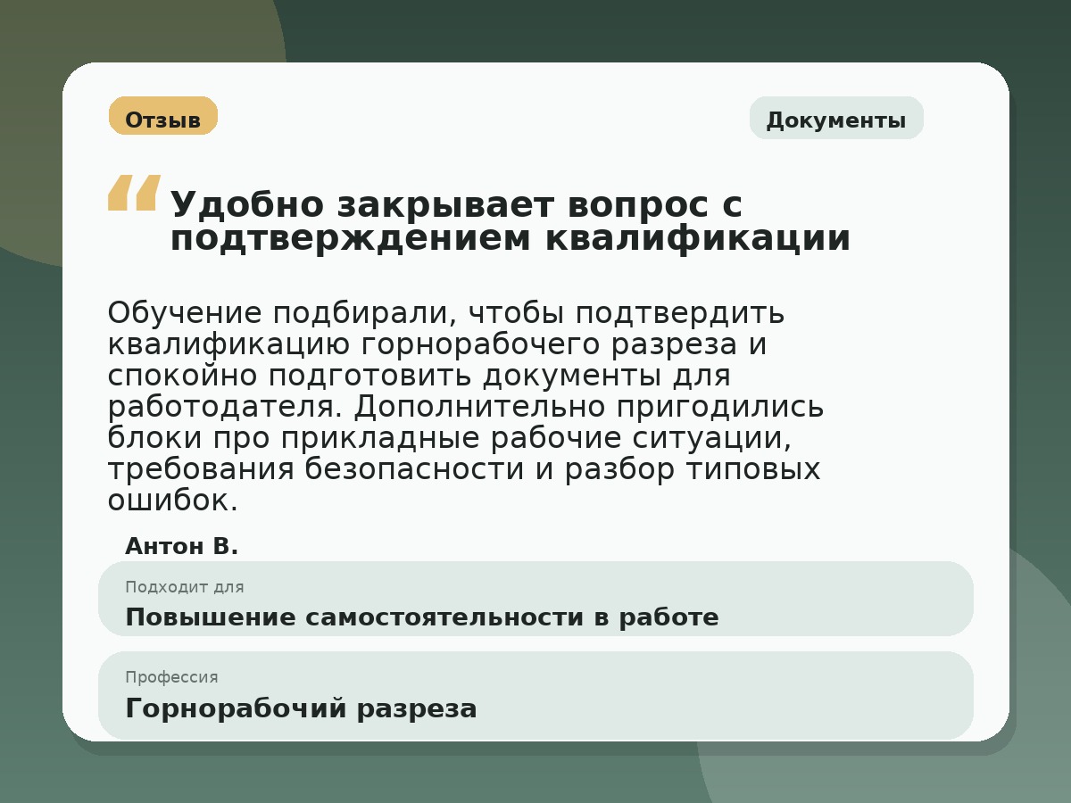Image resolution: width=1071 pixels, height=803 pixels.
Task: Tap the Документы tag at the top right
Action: (835, 120)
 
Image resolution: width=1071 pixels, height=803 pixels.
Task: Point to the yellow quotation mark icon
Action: (134, 193)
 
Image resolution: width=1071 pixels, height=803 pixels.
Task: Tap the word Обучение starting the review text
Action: (185, 314)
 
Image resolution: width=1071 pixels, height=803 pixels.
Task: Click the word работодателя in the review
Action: (223, 407)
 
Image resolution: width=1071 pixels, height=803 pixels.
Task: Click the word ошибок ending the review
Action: (172, 501)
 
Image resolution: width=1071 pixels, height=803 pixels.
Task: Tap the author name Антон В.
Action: (182, 547)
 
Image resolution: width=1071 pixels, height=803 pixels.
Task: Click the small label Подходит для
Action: (184, 587)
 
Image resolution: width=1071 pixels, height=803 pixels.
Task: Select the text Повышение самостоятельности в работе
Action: (421, 617)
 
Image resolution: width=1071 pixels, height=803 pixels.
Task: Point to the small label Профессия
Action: (171, 677)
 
